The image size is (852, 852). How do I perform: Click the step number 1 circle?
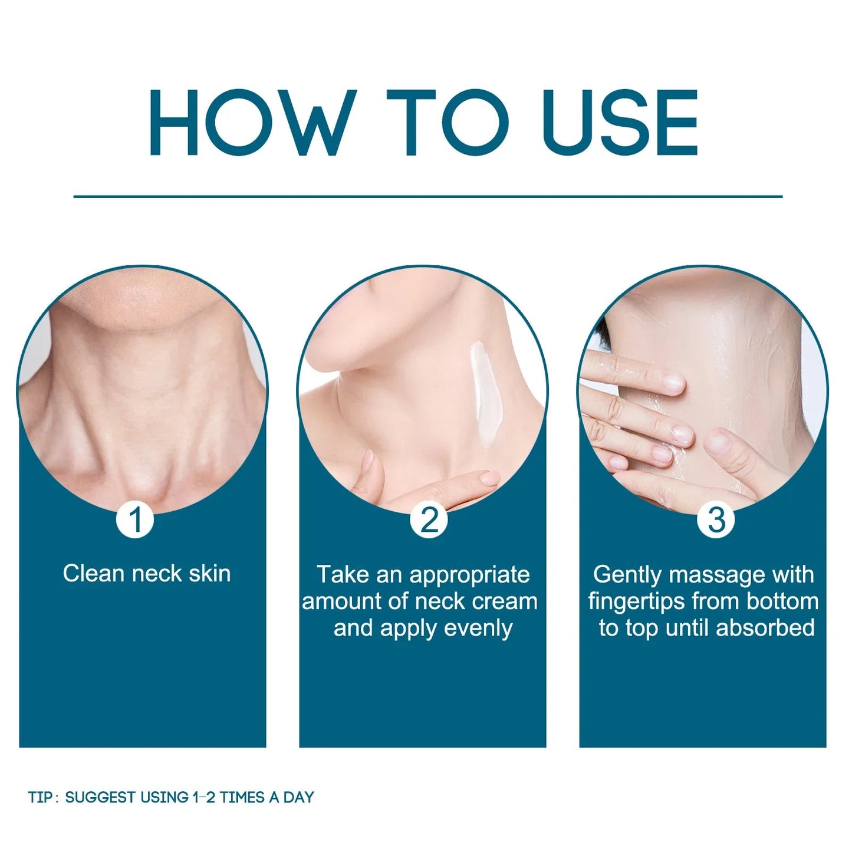pyautogui.click(x=135, y=521)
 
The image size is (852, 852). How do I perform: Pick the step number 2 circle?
pyautogui.click(x=429, y=521)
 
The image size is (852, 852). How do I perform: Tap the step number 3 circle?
pyautogui.click(x=716, y=521)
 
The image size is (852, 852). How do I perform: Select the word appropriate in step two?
pyautogui.click(x=469, y=575)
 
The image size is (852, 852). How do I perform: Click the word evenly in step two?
pyautogui.click(x=478, y=629)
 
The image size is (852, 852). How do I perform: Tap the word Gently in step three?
pyautogui.click(x=629, y=575)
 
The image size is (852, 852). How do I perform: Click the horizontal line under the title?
pyautogui.click(x=428, y=196)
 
